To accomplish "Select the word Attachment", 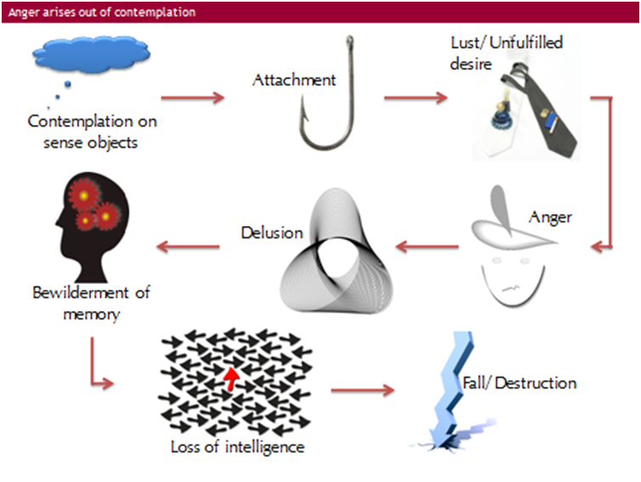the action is [x=294, y=80].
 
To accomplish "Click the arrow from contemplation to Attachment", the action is [x=192, y=98].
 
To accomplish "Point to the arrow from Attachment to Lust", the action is [x=416, y=98].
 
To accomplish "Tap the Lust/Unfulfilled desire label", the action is [x=507, y=54].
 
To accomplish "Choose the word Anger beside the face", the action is [x=550, y=217].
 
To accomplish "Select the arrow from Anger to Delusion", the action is [x=428, y=247].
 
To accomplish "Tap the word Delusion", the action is [x=272, y=233].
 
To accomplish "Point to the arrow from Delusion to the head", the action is [x=189, y=247].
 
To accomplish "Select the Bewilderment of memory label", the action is [x=91, y=303].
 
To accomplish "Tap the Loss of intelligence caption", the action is [x=237, y=447].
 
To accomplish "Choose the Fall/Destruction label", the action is [x=519, y=383].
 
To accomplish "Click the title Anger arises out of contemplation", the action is [x=102, y=12].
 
